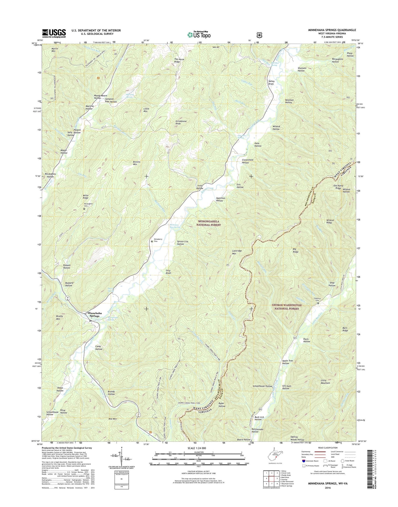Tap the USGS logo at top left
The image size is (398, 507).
click(54, 33)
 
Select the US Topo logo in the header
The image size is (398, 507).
click(199, 35)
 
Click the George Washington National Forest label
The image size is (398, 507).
click(287, 307)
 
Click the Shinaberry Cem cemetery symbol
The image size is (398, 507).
click(152, 242)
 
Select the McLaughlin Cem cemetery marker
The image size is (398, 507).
click(84, 209)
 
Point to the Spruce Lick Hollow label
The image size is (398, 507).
click(183, 243)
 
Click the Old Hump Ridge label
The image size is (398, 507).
click(342, 187)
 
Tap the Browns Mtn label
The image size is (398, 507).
click(137, 163)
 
